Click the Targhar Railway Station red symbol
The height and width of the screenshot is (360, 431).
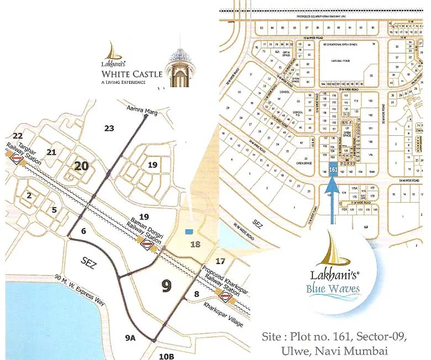point(17,159)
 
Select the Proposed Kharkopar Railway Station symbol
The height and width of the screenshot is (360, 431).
point(225,297)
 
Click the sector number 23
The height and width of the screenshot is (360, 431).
point(109,128)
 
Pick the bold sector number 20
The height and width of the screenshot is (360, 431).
point(82,166)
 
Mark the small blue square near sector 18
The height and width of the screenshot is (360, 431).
point(190,231)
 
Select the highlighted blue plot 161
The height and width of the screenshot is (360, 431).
point(333,170)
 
